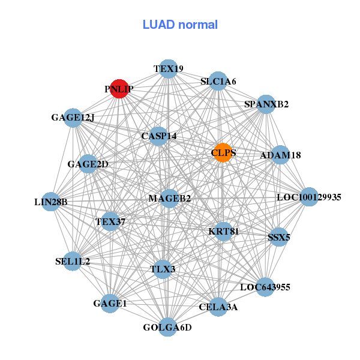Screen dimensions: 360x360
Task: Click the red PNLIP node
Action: [x=119, y=88]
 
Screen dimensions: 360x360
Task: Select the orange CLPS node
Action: [x=223, y=152]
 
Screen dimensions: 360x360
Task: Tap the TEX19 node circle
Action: [x=169, y=69]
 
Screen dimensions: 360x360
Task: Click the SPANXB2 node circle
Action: [x=266, y=104]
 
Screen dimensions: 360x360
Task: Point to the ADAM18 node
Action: [x=280, y=155]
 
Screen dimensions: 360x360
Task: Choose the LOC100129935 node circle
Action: [x=308, y=197]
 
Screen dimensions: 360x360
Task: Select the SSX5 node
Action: [x=278, y=237]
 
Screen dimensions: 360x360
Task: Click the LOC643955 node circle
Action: [x=265, y=287]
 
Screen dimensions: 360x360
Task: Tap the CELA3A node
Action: [x=218, y=307]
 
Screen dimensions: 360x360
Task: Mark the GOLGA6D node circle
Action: [x=168, y=327]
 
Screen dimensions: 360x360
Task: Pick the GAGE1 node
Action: [x=110, y=304]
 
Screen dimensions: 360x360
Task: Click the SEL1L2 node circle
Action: [x=73, y=261]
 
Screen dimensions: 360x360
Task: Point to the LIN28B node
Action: [x=51, y=202]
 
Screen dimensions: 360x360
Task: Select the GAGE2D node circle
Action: [x=88, y=164]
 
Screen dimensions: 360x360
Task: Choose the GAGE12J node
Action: [x=73, y=117]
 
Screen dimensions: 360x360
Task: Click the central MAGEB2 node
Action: [x=169, y=198]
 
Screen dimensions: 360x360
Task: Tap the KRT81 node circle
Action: [x=223, y=231]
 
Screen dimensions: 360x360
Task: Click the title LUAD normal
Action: [x=180, y=25]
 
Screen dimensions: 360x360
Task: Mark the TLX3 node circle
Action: [x=163, y=269]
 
